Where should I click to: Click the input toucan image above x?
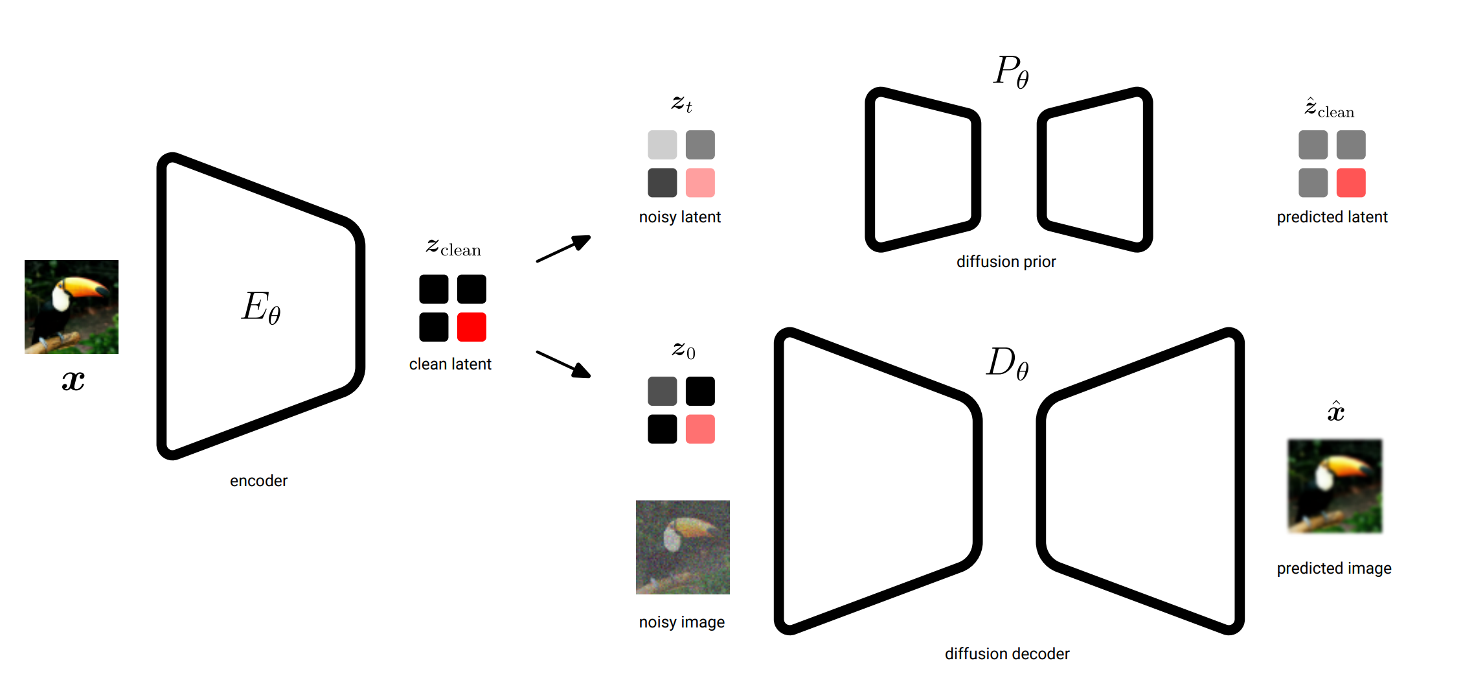pos(71,307)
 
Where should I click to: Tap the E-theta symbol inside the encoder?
pos(261,307)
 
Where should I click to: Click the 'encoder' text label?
pos(258,481)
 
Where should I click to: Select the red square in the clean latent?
pos(471,327)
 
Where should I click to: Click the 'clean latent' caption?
pos(450,364)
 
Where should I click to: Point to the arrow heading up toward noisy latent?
pos(563,248)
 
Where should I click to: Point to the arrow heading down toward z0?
pos(563,364)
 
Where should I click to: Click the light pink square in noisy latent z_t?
pos(700,183)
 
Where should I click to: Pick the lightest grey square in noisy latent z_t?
pos(662,145)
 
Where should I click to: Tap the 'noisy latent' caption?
pos(680,217)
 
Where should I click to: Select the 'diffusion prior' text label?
pos(1006,262)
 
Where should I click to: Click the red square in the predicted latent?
pos(1351,183)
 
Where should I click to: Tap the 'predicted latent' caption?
pos(1332,217)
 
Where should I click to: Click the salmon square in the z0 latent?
pos(700,429)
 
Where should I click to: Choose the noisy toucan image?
pos(683,547)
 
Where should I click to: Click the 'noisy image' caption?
pos(682,622)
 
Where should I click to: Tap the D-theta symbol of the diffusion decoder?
pos(1007,362)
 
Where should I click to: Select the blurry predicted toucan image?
pos(1335,486)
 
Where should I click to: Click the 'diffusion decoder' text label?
pos(1007,654)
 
